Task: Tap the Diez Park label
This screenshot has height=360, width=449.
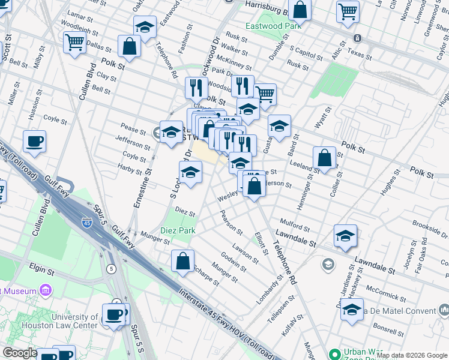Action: [x=177, y=230]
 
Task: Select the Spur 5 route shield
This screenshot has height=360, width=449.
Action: [x=111, y=268]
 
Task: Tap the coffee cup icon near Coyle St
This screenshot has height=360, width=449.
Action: [x=34, y=141]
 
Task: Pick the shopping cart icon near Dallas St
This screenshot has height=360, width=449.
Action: [x=74, y=42]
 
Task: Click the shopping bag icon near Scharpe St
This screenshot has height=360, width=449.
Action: [x=182, y=261]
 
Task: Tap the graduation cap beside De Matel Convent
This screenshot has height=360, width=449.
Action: [x=352, y=310]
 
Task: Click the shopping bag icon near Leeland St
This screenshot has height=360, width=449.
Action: [x=324, y=158]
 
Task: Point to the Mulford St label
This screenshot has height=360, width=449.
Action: [x=294, y=228]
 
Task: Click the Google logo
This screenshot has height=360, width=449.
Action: [x=20, y=353]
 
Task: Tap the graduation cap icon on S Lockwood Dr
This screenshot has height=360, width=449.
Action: [x=190, y=172]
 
